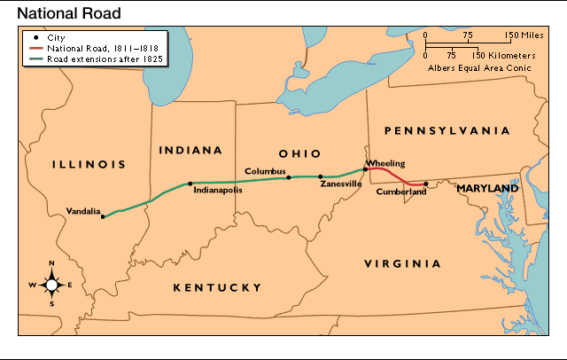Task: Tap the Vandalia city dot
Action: coord(102,216)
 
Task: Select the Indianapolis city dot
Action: coord(190,184)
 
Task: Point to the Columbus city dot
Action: coord(288,177)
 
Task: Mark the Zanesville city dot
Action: coord(321,176)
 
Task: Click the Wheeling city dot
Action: coord(364,168)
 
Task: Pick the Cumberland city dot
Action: coord(426,184)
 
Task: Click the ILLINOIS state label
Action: coord(89,164)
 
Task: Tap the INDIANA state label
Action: coord(190,150)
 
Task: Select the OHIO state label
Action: coord(299,153)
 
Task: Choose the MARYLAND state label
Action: coord(487,189)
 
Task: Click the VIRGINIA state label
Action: coord(403,264)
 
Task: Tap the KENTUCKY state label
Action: coord(217,287)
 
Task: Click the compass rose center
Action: coord(51,284)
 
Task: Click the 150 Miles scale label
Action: coord(524,35)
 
